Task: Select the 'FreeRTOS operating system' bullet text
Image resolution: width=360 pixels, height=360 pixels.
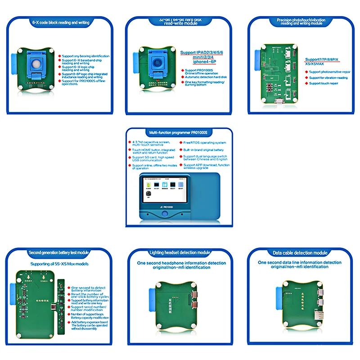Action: (x=205, y=143)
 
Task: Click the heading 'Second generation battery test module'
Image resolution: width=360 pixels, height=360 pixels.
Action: (x=59, y=252)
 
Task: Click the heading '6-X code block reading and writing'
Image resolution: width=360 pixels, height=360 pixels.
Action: (x=61, y=22)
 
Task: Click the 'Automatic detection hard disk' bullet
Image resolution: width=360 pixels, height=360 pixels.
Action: (x=206, y=76)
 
